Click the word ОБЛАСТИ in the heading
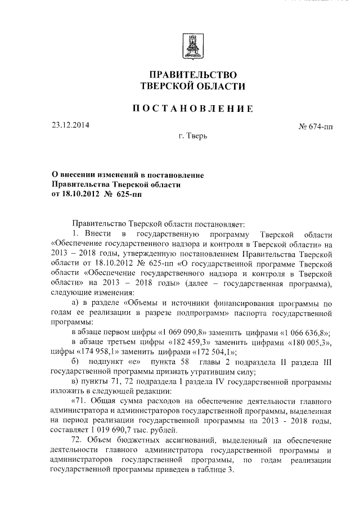click(218, 85)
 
